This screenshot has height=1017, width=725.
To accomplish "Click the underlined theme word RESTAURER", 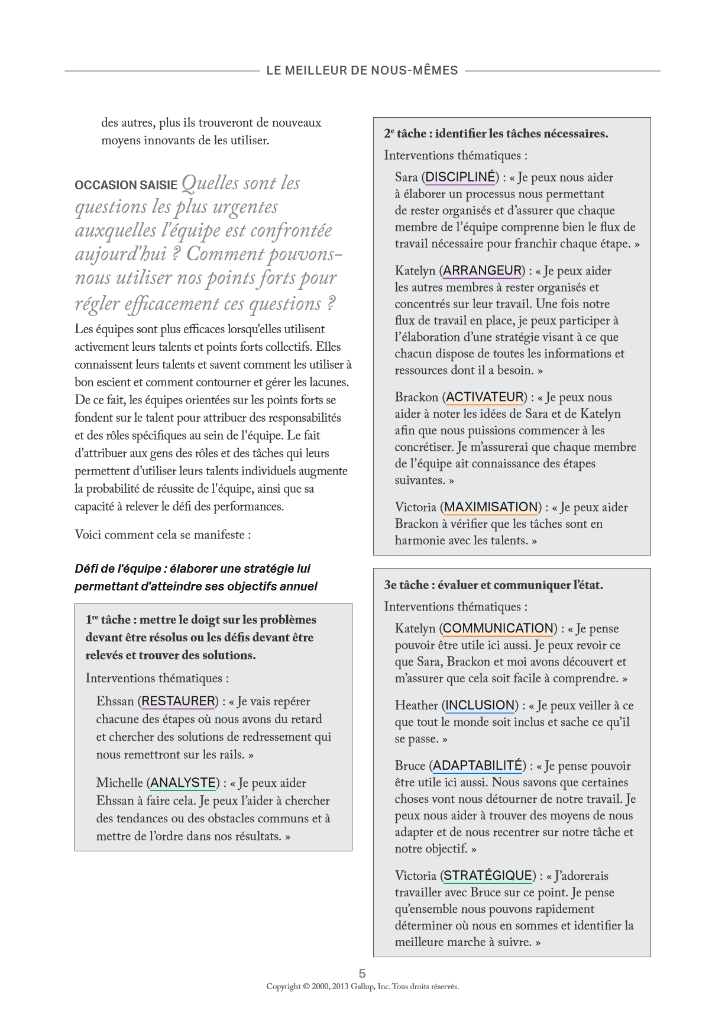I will click(x=179, y=701).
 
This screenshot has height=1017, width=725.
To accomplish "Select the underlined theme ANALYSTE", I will click(x=183, y=783).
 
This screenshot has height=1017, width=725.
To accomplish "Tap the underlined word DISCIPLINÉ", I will click(x=460, y=177).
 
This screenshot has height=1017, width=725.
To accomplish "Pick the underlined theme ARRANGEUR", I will click(x=483, y=270).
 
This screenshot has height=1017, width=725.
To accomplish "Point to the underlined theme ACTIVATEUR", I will click(x=485, y=397).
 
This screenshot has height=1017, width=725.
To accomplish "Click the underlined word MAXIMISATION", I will click(x=491, y=507).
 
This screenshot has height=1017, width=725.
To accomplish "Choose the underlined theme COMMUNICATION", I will click(x=498, y=628).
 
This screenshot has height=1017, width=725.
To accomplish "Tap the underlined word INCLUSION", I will click(x=480, y=705).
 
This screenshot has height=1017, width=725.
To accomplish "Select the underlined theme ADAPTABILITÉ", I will click(x=478, y=766).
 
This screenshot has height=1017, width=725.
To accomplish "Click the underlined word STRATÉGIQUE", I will click(x=488, y=876).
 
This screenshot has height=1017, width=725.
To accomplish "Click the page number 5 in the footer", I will click(x=362, y=973).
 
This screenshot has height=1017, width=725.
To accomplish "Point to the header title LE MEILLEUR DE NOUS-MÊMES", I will click(x=362, y=70).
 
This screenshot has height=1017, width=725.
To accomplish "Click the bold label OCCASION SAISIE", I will click(x=126, y=185).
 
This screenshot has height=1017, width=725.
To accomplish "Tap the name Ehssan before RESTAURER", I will click(x=115, y=701).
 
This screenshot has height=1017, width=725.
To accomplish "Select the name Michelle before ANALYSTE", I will click(x=119, y=783).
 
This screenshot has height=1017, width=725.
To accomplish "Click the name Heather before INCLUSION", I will click(x=416, y=705).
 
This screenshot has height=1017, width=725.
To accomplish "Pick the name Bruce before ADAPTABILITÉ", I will click(x=410, y=766).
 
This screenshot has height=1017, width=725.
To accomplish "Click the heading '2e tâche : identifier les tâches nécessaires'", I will click(x=496, y=134).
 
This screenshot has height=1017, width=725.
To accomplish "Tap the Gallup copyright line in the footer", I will click(x=362, y=986).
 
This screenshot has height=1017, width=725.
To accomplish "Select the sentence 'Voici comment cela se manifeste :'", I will click(x=163, y=535).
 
